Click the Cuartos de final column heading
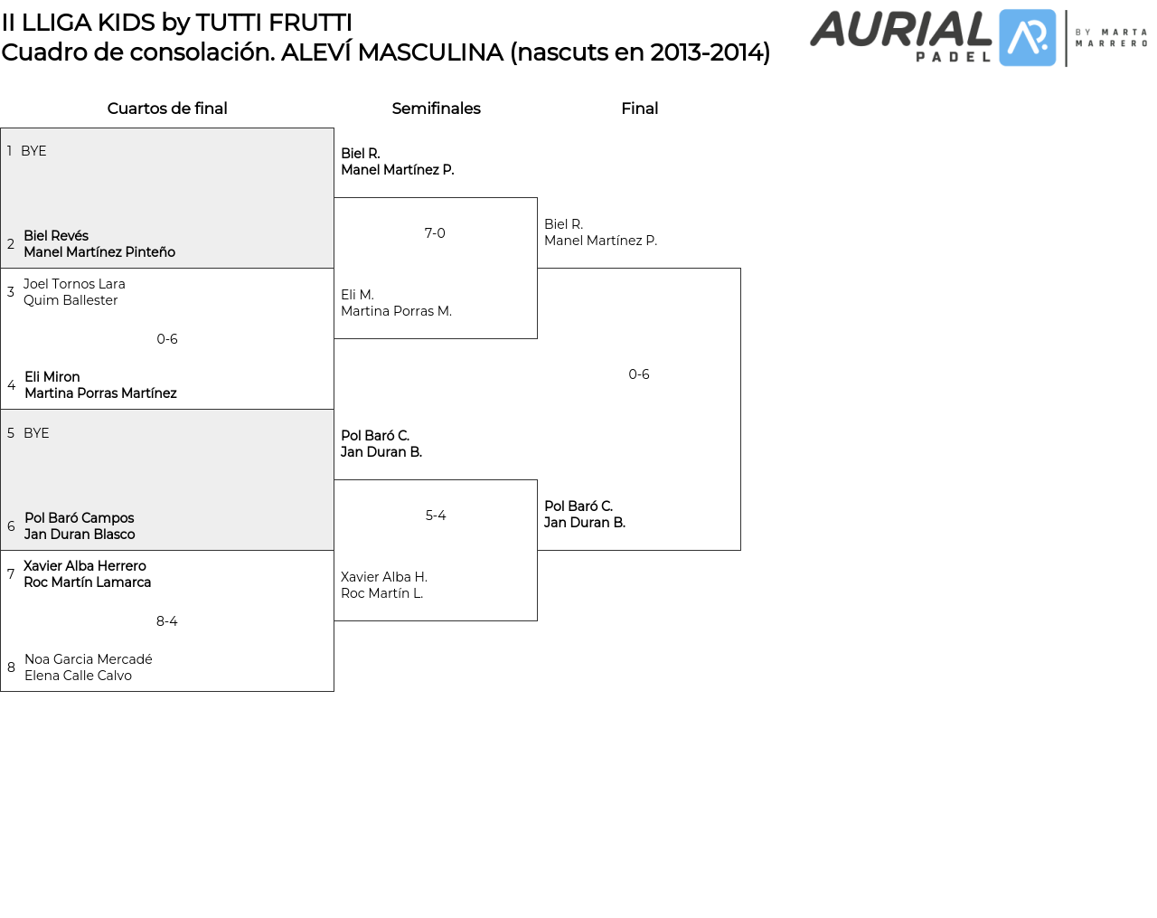[167, 109]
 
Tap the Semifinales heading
[436, 109]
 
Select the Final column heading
[639, 109]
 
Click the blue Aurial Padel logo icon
[1027, 38]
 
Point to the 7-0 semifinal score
[435, 233]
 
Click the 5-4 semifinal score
[436, 516]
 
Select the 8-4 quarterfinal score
[167, 621]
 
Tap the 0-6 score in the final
[639, 374]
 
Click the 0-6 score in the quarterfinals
[167, 339]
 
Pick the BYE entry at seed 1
[33, 151]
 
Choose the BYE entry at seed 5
[36, 433]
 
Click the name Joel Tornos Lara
[74, 284]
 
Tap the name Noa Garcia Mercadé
[89, 659]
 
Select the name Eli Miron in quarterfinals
[52, 377]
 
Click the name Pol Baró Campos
[80, 518]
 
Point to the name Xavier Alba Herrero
[85, 566]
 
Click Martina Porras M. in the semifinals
[396, 311]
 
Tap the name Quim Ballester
[71, 300]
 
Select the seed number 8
[11, 667]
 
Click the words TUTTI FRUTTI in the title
[274, 23]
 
